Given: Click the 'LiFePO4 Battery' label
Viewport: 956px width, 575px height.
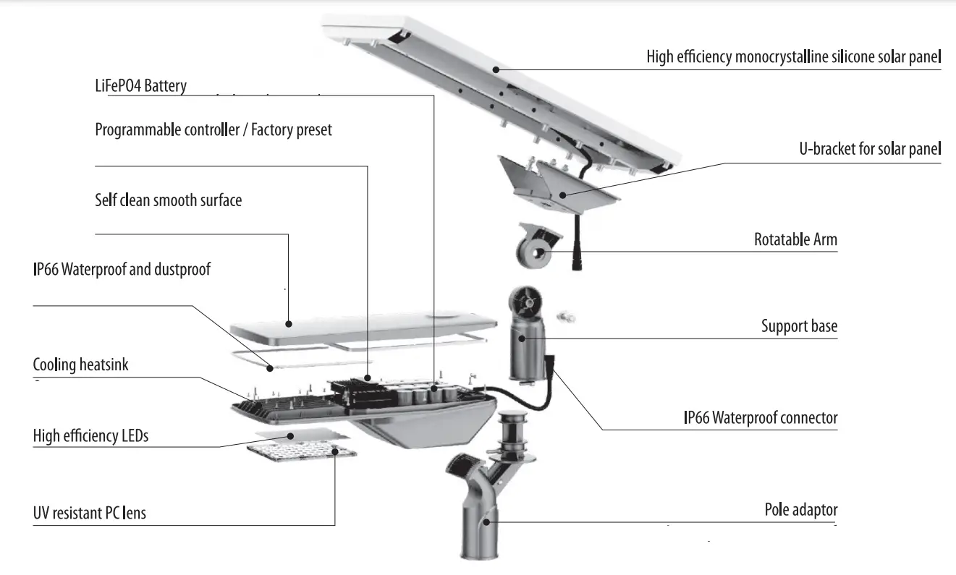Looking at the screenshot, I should coord(140,87).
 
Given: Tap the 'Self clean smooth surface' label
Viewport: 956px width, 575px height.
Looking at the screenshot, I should coord(168,200).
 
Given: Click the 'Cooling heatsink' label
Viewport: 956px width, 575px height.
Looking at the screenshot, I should coord(80,365).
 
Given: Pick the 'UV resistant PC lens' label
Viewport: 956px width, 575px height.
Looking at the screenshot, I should coord(89,513).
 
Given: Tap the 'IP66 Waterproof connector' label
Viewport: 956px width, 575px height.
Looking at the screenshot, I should coord(760,417).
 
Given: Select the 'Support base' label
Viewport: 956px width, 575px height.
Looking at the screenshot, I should coord(799,326).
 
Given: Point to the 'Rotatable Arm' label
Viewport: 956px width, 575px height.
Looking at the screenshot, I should coord(795,239).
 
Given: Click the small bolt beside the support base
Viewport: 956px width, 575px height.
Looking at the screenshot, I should coord(565,316).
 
